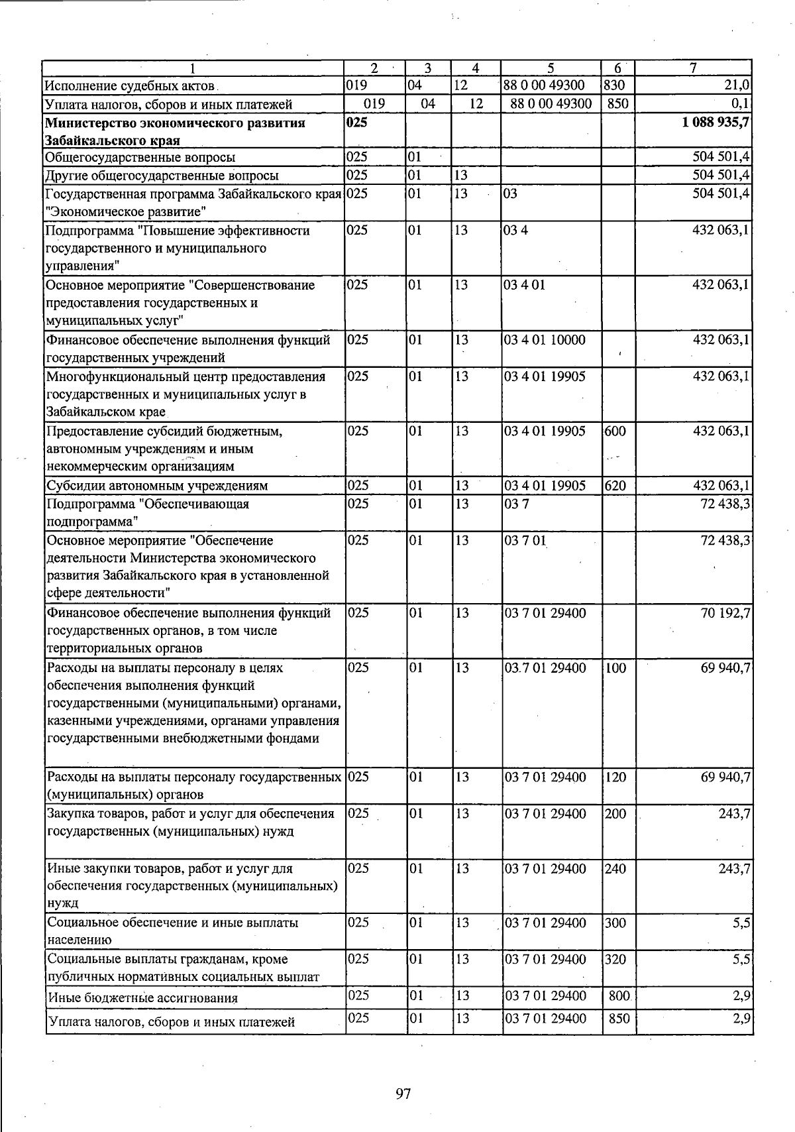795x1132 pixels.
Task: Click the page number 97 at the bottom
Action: click(x=403, y=1094)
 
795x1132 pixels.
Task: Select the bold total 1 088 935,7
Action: click(x=715, y=123)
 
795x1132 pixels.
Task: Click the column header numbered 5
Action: click(x=551, y=68)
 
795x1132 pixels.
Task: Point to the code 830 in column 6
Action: click(x=615, y=85)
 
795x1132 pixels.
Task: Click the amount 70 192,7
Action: click(x=725, y=613)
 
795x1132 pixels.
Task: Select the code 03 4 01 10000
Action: click(x=545, y=340)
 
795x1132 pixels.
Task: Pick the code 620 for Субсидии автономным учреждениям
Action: click(x=615, y=485)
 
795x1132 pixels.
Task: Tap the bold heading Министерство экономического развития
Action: click(x=175, y=123)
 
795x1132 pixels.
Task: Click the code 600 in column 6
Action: click(x=615, y=431)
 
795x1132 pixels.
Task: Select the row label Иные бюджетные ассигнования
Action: click(x=142, y=997)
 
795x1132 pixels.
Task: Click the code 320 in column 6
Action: click(x=615, y=959)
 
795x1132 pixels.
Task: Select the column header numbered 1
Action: click(x=193, y=68)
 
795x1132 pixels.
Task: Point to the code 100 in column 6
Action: click(x=615, y=667)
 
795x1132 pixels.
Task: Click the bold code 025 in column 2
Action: click(x=356, y=123)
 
